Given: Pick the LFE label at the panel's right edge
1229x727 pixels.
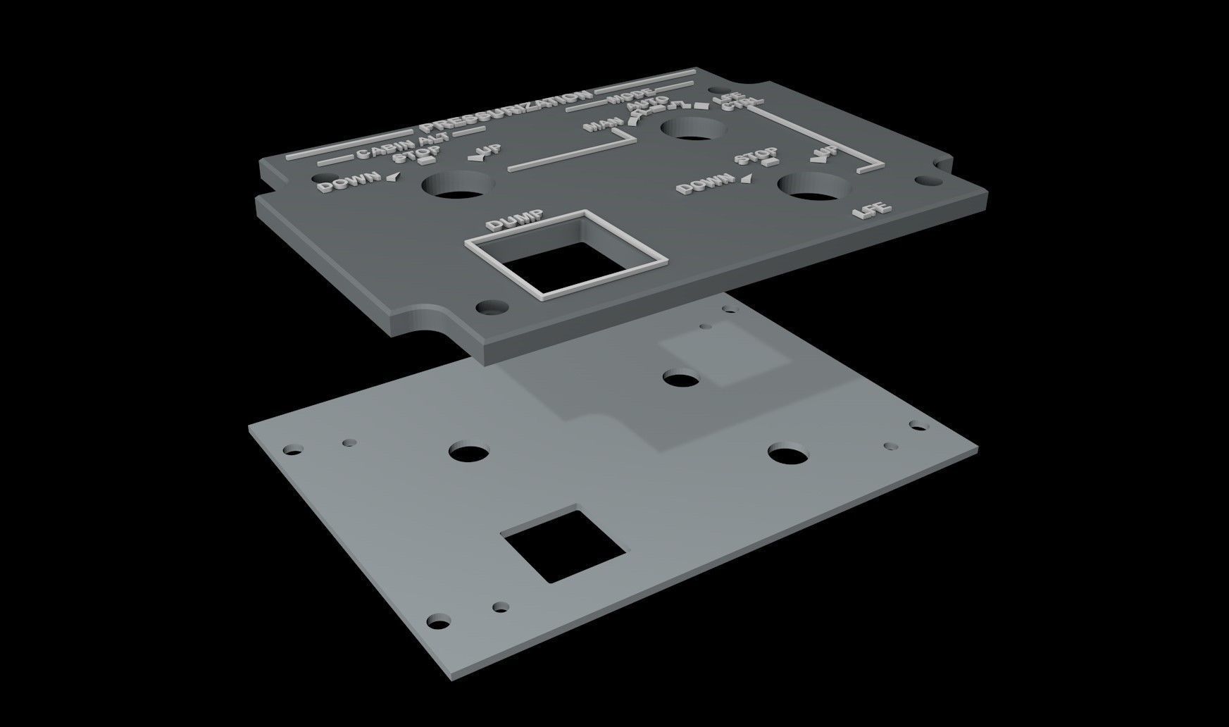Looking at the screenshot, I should pyautogui.click(x=872, y=210).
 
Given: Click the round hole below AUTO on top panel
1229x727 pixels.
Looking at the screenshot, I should pyautogui.click(x=691, y=129).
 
